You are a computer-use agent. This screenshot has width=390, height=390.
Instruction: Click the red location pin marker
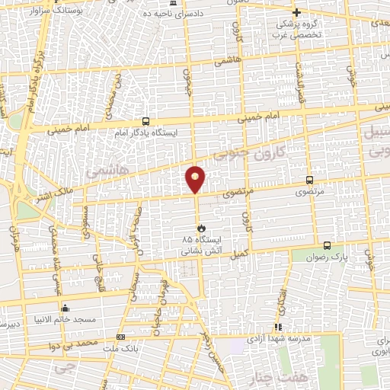click(196, 179)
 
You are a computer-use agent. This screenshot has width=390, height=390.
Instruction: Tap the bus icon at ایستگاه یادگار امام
click(145, 122)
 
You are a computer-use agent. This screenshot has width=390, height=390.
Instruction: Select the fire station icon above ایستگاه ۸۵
click(201, 228)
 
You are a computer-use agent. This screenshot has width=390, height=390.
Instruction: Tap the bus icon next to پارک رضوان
click(327, 245)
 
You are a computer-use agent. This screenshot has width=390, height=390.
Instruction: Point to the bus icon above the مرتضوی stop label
click(308, 181)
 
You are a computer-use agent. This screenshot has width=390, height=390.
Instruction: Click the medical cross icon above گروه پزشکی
click(297, 12)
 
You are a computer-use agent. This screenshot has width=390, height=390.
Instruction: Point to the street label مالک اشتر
click(49, 195)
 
